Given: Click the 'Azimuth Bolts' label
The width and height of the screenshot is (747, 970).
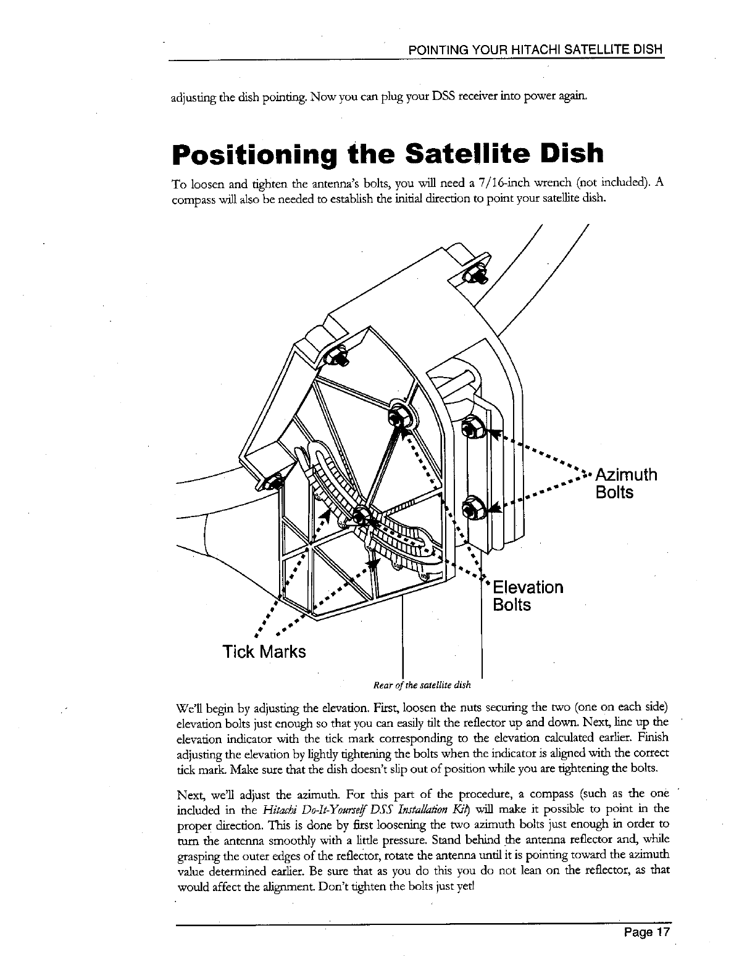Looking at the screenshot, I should [x=625, y=484].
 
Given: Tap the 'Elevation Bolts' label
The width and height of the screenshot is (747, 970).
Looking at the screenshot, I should [x=528, y=595].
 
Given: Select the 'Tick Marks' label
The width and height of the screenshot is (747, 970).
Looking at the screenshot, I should [x=264, y=652].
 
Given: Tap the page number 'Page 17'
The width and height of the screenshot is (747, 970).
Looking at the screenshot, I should [x=646, y=932].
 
